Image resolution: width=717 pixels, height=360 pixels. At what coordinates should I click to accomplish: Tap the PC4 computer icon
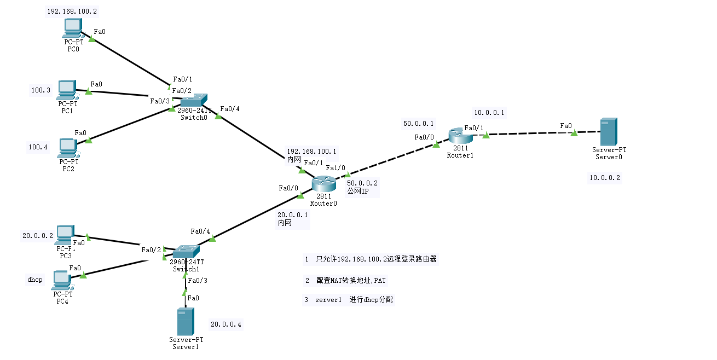point(61,280)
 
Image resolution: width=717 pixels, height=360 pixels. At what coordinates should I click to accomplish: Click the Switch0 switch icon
point(194,101)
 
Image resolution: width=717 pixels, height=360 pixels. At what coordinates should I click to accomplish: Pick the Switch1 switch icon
point(187,252)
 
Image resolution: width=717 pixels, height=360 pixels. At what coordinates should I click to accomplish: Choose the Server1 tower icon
point(186,322)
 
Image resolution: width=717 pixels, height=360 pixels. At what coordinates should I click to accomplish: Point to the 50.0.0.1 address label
point(418,124)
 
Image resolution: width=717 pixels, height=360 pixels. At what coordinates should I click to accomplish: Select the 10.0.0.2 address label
point(604,178)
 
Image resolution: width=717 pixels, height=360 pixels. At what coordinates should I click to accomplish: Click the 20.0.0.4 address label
point(225,324)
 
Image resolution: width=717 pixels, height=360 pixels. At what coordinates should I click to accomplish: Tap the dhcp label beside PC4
point(34,280)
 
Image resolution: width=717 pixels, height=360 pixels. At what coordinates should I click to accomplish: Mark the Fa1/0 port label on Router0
point(336,167)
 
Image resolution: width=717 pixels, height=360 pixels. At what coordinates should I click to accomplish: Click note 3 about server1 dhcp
point(349,300)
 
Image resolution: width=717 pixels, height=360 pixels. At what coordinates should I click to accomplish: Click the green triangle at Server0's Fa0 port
point(574,133)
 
